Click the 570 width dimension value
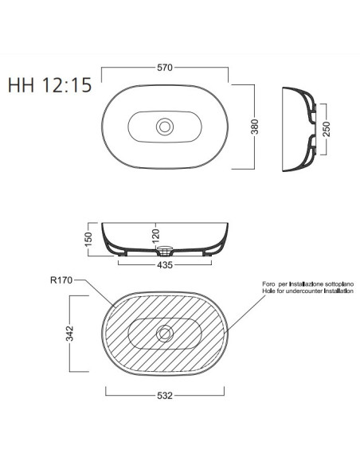click(165, 68)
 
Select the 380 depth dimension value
click(255, 127)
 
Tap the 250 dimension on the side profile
click(327, 129)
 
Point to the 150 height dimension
click(88, 240)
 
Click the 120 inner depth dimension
click(156, 234)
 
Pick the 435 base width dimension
click(165, 265)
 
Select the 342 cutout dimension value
click(69, 334)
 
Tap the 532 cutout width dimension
click(165, 395)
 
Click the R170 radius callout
click(61, 280)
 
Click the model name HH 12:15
click(50, 85)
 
